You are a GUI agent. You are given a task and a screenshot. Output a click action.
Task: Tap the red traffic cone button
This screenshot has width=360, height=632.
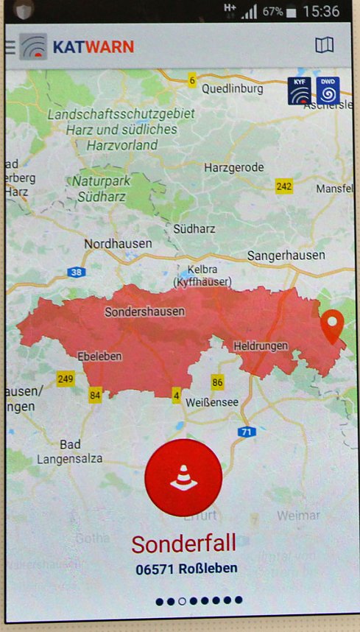point(183,477)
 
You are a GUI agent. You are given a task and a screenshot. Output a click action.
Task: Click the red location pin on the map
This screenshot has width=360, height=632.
point(333,326)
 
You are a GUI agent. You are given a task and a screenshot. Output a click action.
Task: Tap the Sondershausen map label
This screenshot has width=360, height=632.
point(145,312)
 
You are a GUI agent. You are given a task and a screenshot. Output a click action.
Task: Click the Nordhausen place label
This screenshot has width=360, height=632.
point(118,243)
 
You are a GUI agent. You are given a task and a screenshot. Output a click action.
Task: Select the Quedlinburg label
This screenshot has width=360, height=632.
point(233,88)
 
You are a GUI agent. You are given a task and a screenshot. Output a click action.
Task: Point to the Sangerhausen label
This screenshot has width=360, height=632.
point(286,255)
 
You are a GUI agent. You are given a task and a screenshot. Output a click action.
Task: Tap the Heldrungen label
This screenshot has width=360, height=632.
point(260,345)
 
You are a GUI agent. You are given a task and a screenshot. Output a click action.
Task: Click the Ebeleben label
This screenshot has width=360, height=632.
point(99,356)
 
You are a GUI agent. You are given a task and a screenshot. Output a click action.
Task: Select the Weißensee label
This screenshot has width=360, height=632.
point(212,402)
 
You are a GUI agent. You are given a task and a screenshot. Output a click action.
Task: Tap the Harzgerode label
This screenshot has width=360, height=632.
point(233,167)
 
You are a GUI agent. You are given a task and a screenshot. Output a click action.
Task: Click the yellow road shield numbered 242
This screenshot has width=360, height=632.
point(284,186)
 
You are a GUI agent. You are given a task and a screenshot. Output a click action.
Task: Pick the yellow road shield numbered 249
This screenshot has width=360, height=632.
point(66,379)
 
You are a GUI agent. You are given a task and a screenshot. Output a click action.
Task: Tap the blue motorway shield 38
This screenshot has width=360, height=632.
point(76,273)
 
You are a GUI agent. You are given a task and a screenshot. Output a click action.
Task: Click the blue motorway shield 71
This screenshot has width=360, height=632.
point(246,431)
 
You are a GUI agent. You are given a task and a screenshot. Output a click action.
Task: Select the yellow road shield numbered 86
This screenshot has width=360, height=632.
point(217,382)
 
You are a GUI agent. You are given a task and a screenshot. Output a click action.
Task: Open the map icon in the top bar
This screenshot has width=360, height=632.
point(324,46)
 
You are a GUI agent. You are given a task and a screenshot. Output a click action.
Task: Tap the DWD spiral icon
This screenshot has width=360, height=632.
point(328,92)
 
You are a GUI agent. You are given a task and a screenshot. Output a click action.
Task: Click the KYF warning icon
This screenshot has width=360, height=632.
point(300,92)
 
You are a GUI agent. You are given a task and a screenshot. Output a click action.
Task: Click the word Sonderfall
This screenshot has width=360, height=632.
point(183,544)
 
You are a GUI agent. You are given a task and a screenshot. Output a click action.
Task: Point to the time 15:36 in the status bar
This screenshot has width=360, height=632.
point(321,11)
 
